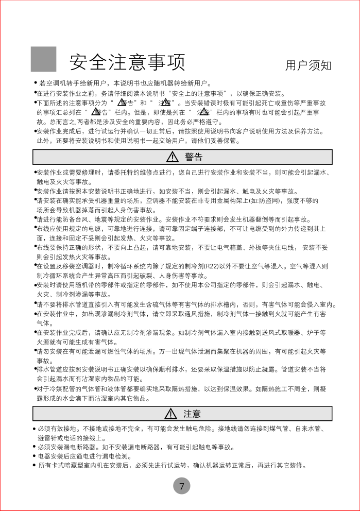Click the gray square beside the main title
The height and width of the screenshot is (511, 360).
pyautogui.click(x=44, y=59)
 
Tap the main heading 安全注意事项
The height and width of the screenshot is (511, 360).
pyautogui.click(x=127, y=62)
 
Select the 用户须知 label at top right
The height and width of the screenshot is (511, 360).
pyautogui.click(x=308, y=65)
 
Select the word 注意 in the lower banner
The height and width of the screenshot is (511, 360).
pyautogui.click(x=192, y=414)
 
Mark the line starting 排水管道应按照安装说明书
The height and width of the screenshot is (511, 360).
pyautogui.click(x=180, y=369)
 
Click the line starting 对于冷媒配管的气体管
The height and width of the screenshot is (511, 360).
pyautogui.click(x=180, y=389)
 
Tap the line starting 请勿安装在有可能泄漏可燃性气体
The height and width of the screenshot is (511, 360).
pyautogui.click(x=180, y=351)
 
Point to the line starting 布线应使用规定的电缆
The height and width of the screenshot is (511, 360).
pyautogui.click(x=180, y=228)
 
